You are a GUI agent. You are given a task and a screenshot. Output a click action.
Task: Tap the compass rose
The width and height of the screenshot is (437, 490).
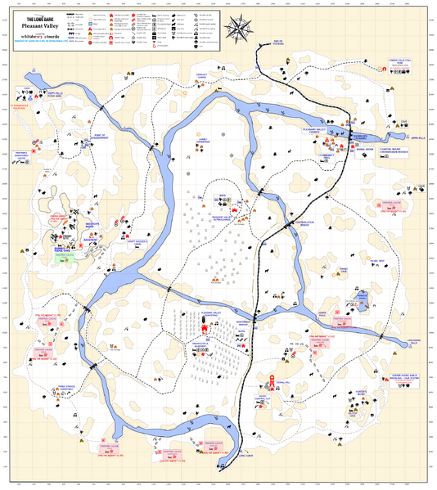coord(240,29)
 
